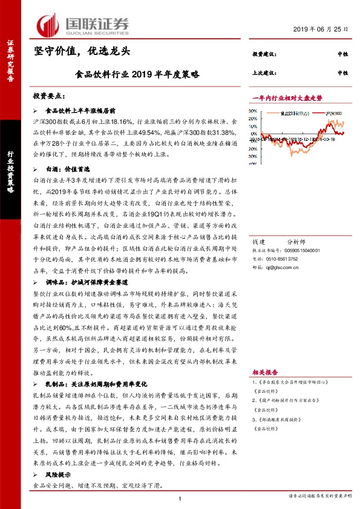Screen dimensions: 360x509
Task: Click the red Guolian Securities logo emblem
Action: point(48,25)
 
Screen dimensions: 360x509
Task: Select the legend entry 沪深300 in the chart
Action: point(335,113)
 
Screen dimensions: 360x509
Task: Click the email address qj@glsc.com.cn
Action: point(284,249)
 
